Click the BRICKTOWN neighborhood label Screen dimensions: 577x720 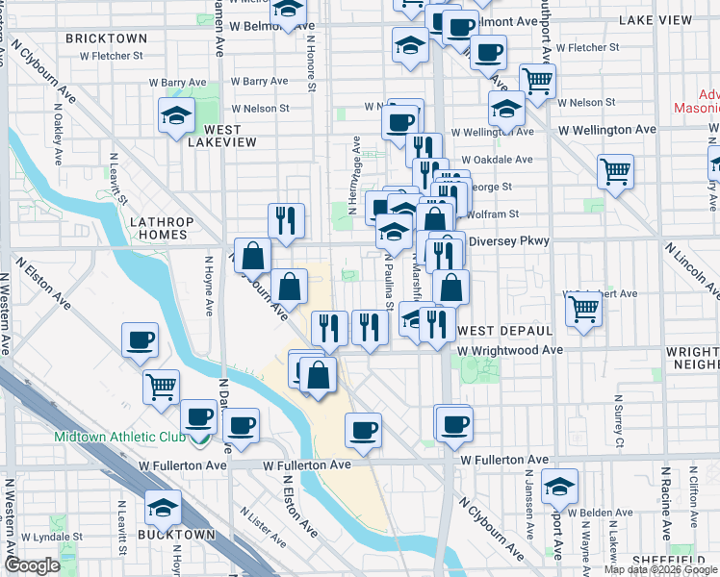click(107, 38)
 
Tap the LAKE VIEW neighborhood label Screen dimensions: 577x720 click(655, 19)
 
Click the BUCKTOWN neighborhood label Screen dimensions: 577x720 click(175, 534)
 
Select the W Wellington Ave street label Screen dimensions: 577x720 click(606, 129)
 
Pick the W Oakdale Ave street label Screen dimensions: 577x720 click(497, 160)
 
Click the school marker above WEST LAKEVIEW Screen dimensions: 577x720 click(176, 116)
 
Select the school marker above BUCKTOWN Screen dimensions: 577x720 click(163, 506)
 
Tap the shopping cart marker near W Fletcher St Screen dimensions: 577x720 click(537, 80)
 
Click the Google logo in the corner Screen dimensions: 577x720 click(32, 565)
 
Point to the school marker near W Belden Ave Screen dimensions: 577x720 click(559, 488)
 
